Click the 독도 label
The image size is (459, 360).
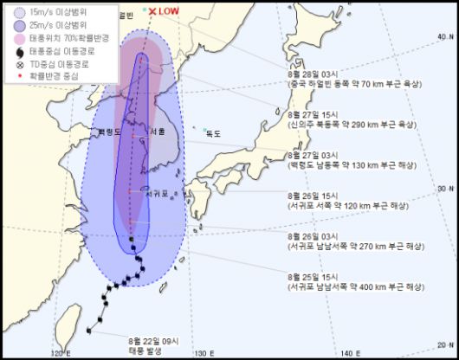click(213, 133)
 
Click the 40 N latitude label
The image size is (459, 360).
click(443, 37)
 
